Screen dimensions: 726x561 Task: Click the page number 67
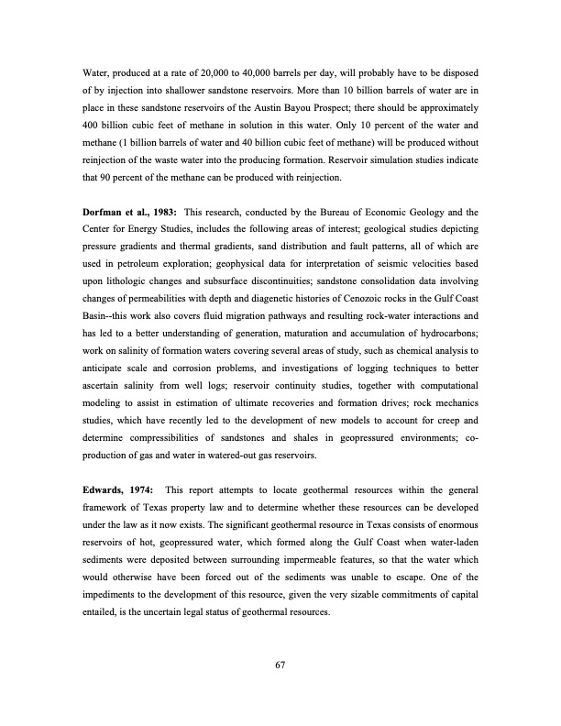coord(280,665)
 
